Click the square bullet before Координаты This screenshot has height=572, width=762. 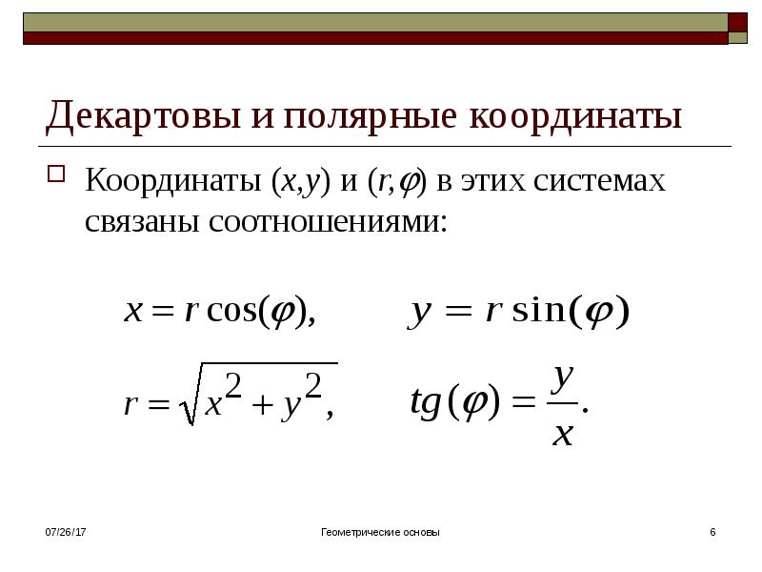[x=56, y=174]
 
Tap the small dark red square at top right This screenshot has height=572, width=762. [x=737, y=22]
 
